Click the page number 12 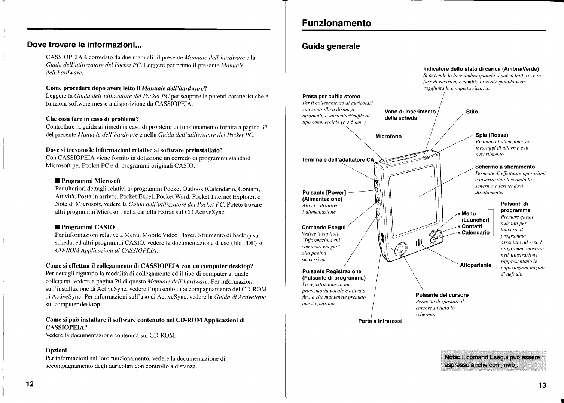click(30, 384)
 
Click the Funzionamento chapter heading click(336, 23)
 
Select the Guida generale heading click(331, 46)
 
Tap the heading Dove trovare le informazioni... click(84, 45)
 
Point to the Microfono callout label click(388, 137)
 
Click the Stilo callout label click(472, 112)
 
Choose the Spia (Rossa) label click(492, 135)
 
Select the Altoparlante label click(475, 265)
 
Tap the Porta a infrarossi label click(380, 321)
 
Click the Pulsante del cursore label click(442, 295)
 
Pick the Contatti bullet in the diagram click(472, 226)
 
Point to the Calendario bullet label click(475, 233)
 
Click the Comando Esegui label click(323, 227)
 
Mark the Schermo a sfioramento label click(505, 167)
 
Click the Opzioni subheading click(56, 351)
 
